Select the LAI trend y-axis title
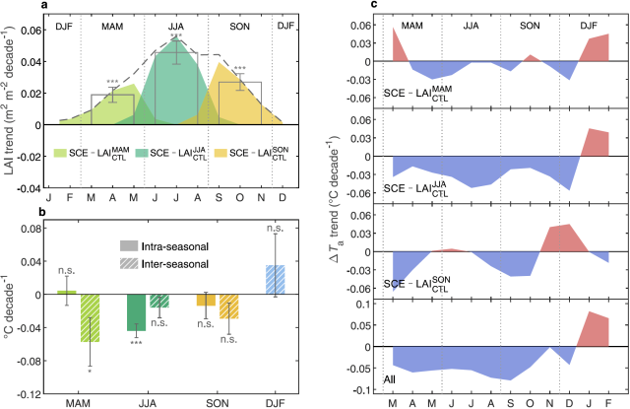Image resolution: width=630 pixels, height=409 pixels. [9, 103]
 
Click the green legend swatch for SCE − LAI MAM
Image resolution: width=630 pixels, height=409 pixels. [60, 154]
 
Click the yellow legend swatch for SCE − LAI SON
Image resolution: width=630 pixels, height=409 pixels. [220, 154]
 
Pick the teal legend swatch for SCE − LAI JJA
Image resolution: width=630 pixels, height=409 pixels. [140, 154]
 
